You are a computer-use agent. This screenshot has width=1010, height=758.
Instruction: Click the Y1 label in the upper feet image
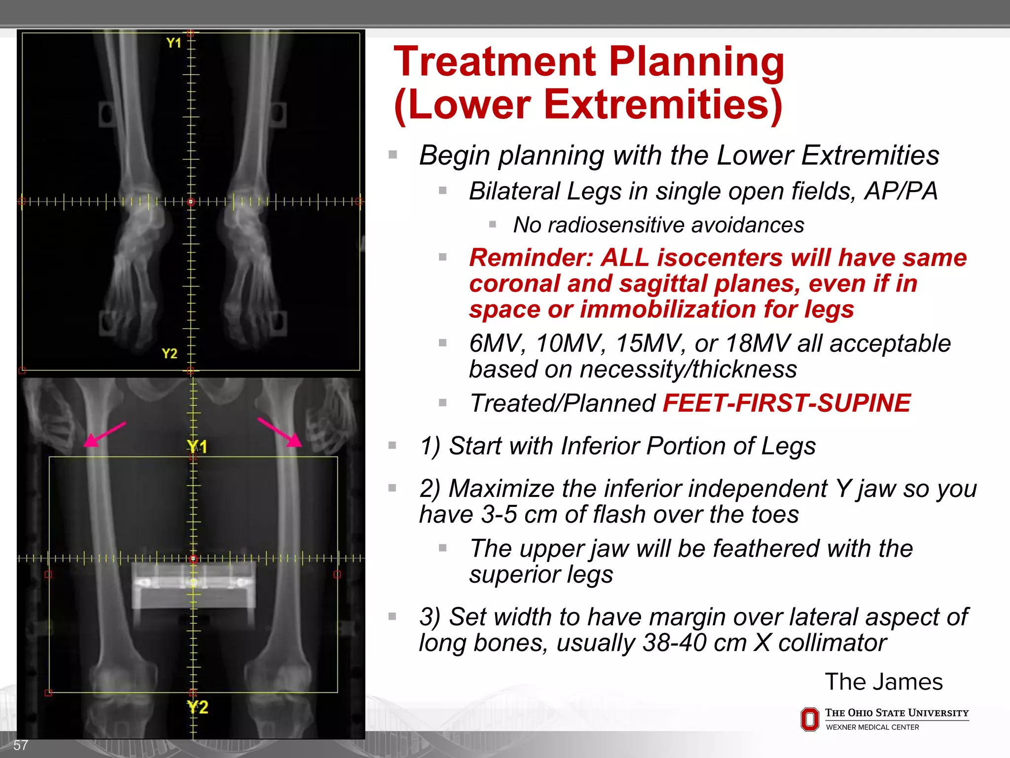174,43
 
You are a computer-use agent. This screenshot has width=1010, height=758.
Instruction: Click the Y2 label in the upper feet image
169,353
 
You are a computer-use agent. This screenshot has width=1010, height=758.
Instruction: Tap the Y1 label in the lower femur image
197,447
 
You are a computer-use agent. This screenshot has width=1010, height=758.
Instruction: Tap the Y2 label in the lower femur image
198,707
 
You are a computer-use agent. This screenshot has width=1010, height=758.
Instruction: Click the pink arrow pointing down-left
104,434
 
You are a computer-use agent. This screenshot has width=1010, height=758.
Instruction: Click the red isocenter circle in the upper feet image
191,201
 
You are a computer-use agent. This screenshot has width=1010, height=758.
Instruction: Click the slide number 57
20,745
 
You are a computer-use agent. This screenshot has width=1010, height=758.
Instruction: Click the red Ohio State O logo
810,719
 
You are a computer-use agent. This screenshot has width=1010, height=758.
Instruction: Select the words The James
883,682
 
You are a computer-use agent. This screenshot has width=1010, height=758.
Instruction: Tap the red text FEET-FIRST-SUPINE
786,403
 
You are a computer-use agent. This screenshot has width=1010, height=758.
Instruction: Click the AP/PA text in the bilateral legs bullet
900,191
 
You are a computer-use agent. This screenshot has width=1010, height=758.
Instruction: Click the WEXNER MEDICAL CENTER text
872,727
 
